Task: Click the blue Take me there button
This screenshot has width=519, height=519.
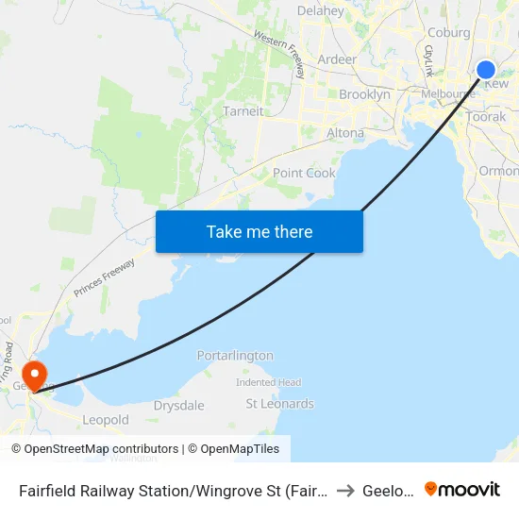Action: point(259,231)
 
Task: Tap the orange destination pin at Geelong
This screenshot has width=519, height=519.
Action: point(34,374)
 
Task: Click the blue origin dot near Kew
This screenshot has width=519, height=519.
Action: point(486,70)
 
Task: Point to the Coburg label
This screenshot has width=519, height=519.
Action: point(448,32)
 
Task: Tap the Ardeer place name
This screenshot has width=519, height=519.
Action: point(337,59)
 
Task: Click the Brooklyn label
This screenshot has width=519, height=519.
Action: point(364,94)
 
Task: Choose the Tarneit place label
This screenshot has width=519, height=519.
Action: point(243,111)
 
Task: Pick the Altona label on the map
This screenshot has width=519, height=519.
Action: point(344,133)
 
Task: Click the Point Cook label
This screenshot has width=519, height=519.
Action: point(304,174)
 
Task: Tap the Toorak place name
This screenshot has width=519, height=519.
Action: point(486,117)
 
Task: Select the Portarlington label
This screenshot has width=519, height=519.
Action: point(235,356)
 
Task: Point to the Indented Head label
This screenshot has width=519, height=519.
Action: point(269,382)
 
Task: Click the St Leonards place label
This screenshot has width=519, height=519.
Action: point(279,404)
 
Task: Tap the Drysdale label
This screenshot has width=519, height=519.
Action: point(178,406)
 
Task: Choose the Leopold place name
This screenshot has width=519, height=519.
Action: point(106,420)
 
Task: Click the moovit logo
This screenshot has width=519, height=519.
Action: point(462,489)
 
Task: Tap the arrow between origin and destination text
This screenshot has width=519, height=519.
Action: point(345,490)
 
